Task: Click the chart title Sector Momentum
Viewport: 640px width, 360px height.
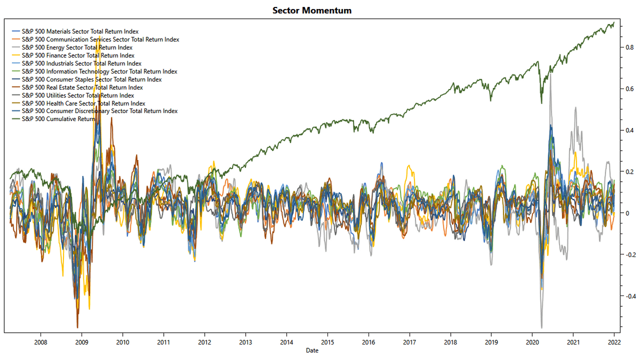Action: pos(312,11)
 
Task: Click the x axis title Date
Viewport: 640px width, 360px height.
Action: pos(313,350)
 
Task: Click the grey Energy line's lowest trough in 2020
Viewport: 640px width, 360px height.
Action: pos(542,327)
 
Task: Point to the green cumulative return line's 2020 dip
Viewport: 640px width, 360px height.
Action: pos(541,103)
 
